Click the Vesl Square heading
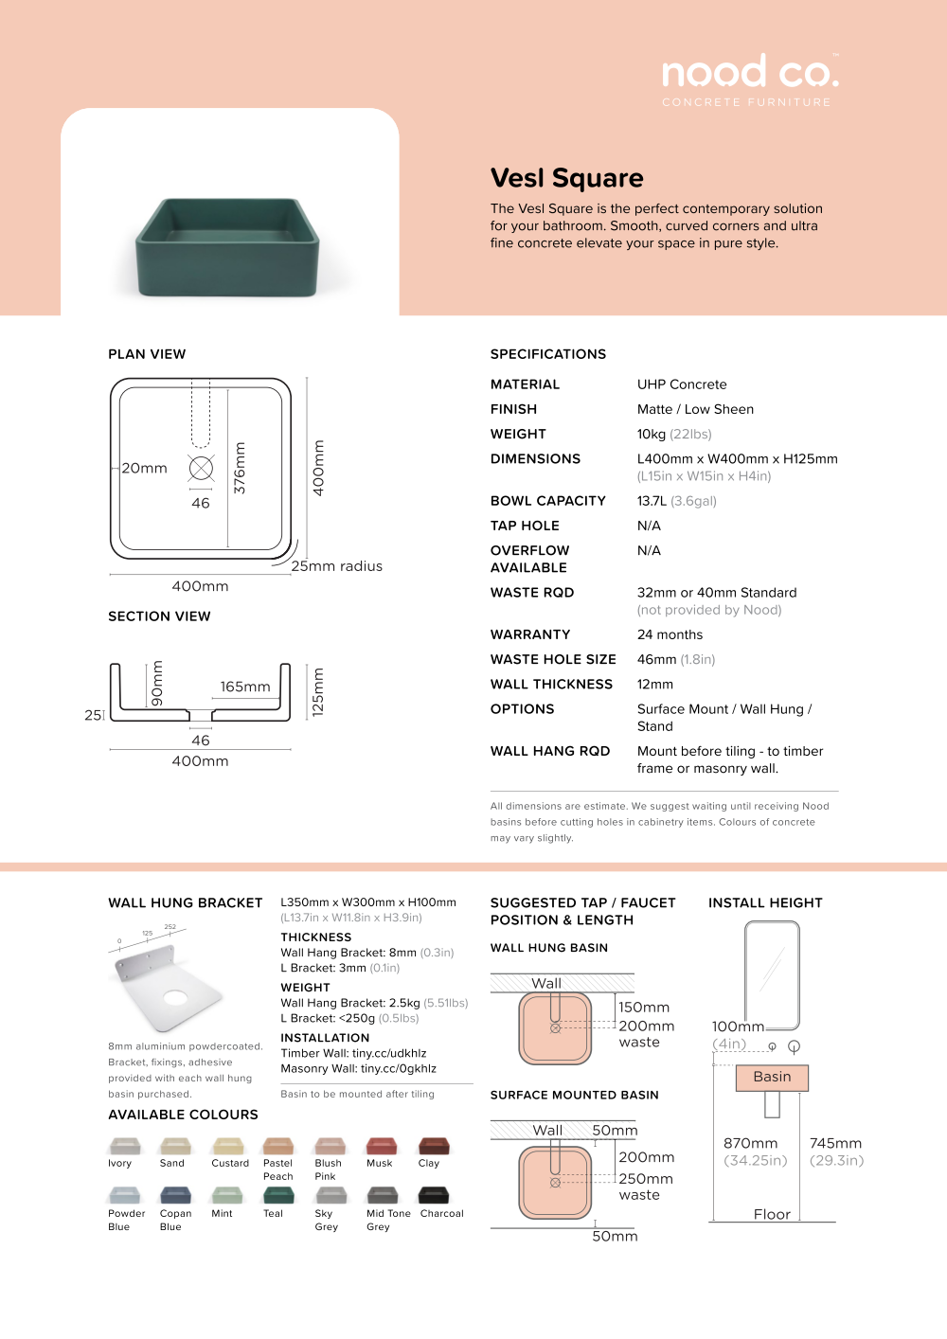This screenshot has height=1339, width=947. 566,178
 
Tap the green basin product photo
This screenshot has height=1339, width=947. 227,245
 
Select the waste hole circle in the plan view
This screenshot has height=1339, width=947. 201,468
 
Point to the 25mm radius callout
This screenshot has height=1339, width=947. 336,566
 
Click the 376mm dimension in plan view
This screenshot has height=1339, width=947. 240,468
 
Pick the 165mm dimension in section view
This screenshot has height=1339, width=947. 245,687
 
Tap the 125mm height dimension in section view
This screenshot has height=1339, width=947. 318,691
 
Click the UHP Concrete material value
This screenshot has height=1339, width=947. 682,384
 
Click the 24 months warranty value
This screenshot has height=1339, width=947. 670,634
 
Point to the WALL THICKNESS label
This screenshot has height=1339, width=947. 551,685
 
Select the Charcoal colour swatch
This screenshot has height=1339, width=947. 434,1195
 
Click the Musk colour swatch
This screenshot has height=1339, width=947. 381,1146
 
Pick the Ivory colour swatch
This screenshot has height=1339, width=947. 125,1146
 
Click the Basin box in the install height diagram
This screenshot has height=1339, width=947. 772,1078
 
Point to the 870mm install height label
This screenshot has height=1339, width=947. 751,1143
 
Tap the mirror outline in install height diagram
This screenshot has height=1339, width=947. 772,975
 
